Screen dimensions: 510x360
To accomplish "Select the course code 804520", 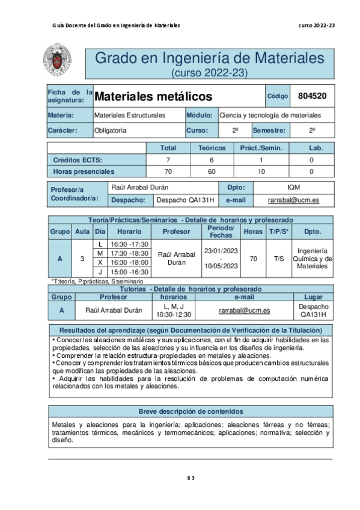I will [313, 96].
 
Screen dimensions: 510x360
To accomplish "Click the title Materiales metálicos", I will [154, 96].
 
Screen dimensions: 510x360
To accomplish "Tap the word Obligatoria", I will [110, 130].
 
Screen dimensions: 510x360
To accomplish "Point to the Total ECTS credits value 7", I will [168, 160].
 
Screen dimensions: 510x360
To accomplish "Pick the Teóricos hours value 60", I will [211, 171].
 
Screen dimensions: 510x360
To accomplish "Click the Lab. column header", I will [311, 148].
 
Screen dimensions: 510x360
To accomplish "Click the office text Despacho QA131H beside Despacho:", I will [185, 200].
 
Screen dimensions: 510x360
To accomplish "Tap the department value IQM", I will [294, 188].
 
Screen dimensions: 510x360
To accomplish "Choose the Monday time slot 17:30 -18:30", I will [129, 254].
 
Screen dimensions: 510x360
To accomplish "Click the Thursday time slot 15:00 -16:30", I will [129, 272].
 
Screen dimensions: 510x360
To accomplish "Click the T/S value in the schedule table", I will [278, 258].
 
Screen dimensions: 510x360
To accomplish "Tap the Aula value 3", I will [82, 258].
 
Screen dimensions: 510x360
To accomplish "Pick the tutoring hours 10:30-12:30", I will [174, 314].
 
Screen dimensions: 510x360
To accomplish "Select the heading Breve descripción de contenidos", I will [191, 411].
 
